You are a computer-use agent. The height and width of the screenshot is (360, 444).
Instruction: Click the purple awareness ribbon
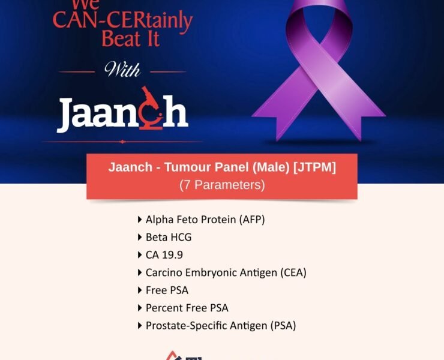(318, 72)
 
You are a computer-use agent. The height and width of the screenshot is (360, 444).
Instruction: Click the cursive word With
(123, 71)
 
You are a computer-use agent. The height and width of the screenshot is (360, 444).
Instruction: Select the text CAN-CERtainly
(122, 20)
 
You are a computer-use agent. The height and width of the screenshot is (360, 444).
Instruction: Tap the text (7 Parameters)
(222, 185)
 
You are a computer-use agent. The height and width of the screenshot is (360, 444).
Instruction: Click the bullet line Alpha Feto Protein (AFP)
(205, 220)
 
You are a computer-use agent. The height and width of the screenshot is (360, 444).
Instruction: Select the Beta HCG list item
(169, 237)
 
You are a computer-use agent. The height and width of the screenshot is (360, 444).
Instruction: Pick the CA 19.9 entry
(164, 255)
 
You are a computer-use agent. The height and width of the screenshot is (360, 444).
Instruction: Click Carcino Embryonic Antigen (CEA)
(226, 272)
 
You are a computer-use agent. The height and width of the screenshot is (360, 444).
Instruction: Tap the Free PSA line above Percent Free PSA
(167, 290)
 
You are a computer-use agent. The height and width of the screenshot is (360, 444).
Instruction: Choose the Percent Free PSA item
(187, 308)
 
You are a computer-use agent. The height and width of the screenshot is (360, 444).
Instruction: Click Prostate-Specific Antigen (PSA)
(221, 326)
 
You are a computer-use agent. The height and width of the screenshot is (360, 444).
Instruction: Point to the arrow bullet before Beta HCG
(140, 237)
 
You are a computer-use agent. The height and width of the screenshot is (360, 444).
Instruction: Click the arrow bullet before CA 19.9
(140, 255)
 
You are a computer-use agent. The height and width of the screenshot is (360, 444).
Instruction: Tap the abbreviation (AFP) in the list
(252, 220)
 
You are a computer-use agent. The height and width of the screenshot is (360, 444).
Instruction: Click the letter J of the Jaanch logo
(67, 115)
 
